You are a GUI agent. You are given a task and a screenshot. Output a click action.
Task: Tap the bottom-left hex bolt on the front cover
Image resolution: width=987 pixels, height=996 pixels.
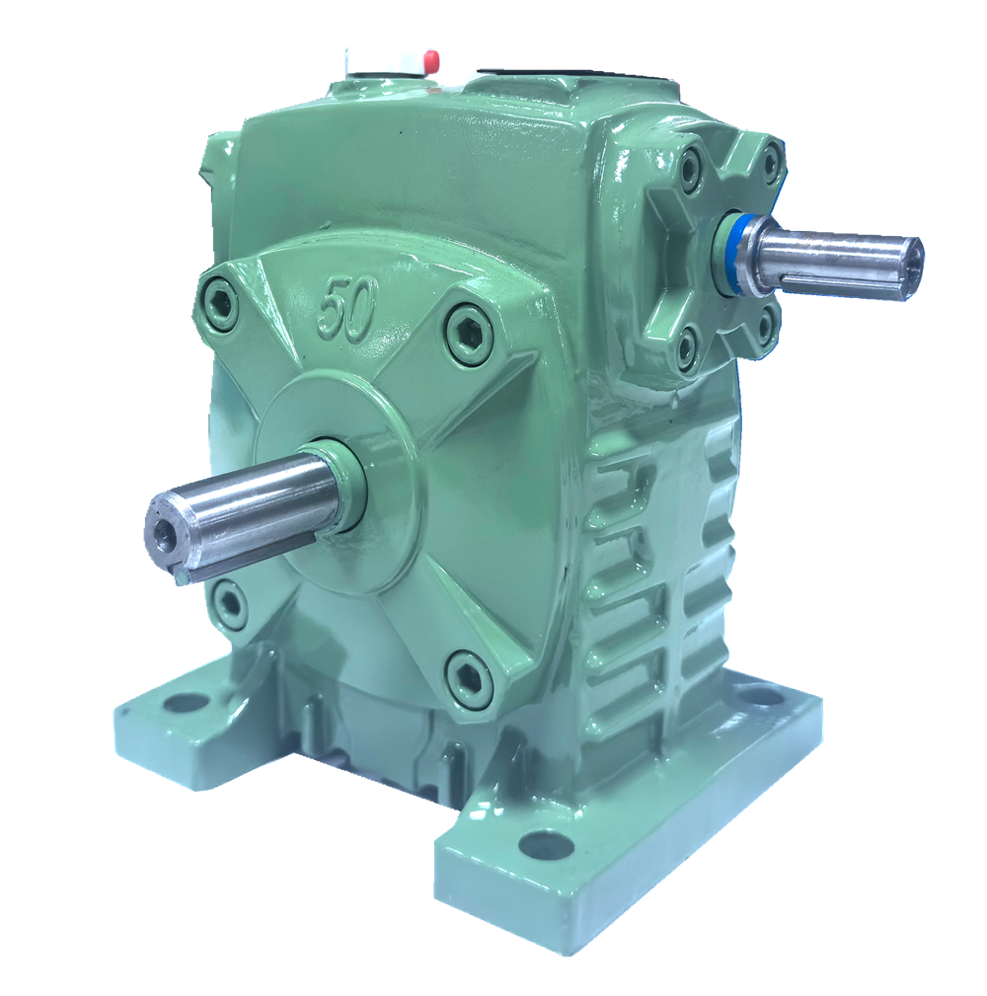[x=227, y=603]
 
